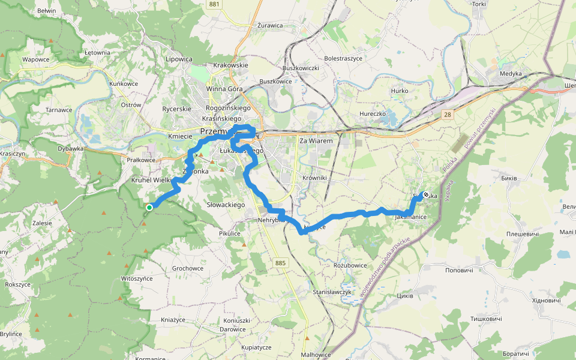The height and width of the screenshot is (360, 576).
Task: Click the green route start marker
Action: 149,207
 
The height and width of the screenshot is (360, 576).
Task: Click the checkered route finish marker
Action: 425,194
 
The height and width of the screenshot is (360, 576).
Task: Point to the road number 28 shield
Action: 448,113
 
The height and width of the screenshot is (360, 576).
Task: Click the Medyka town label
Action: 511,73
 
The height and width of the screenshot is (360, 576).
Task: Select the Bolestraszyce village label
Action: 343,58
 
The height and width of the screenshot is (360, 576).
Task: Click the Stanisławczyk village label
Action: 332,292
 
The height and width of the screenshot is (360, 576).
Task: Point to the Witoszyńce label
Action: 137,278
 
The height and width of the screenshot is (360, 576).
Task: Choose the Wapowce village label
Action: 35,59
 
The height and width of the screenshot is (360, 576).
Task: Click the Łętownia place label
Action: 98,52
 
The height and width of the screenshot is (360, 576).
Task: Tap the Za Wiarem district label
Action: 316,140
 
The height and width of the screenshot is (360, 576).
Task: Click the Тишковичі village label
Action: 485,319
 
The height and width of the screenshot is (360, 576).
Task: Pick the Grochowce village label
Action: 188,268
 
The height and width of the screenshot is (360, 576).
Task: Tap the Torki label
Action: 479,4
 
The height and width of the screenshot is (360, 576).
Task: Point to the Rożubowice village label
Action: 350,265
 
